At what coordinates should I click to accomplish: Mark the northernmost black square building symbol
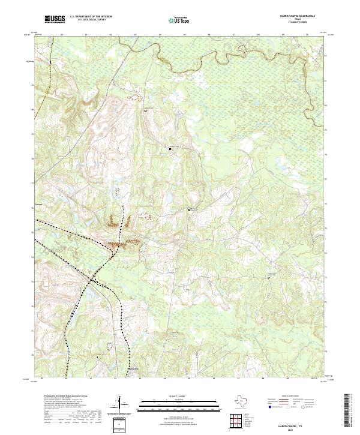(x=145, y=110)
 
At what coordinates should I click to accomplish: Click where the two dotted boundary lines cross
(x=91, y=280)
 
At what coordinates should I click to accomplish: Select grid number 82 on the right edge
(x=326, y=56)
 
